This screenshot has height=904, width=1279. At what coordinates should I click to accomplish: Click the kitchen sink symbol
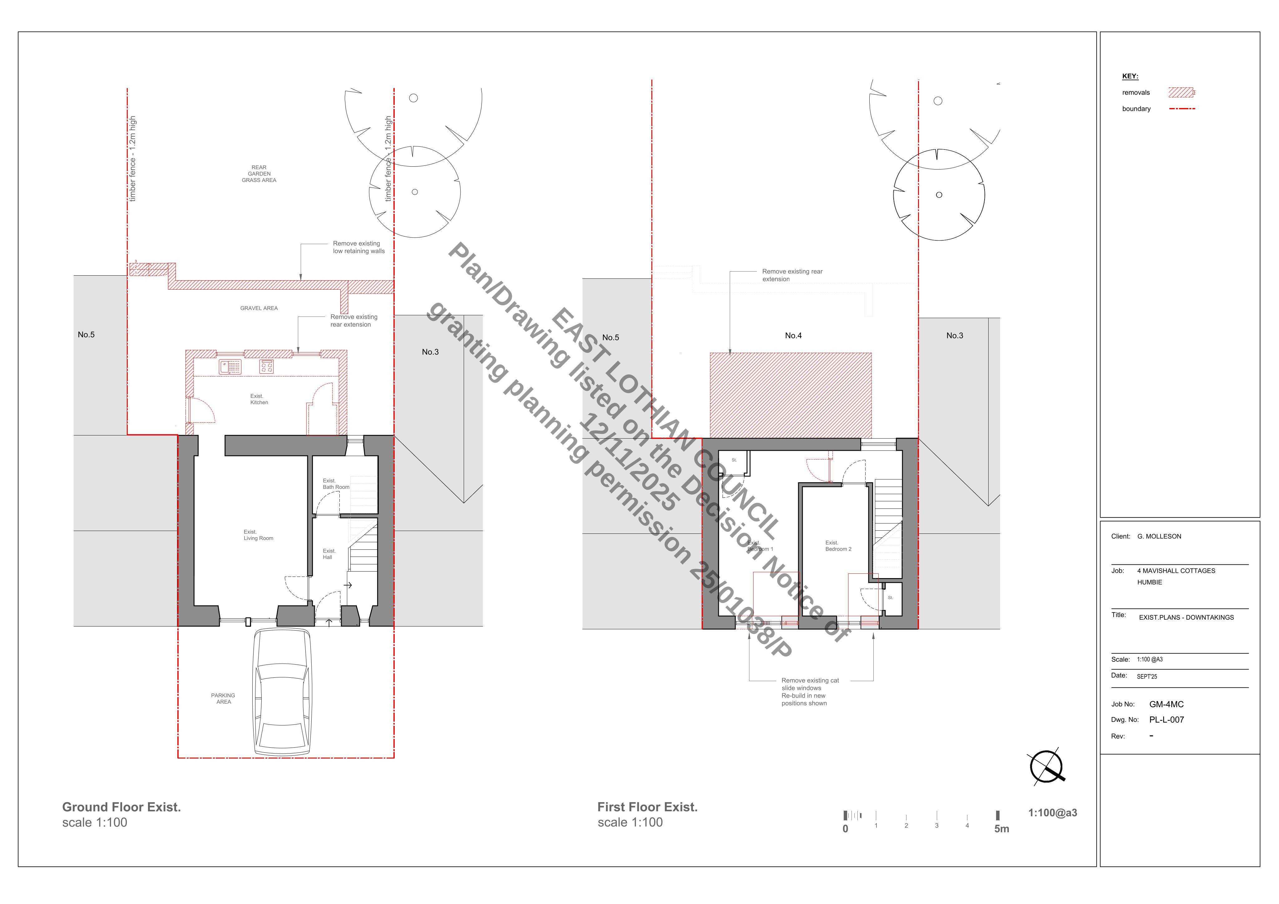click(x=230, y=366)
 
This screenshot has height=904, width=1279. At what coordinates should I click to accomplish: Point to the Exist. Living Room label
click(x=258, y=535)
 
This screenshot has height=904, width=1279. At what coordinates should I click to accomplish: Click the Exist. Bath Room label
click(x=336, y=484)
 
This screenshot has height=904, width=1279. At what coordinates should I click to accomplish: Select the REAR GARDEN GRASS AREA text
click(x=259, y=174)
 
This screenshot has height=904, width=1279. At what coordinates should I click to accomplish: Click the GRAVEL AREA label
click(x=259, y=308)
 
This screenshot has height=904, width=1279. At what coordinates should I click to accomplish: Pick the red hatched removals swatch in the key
click(x=1181, y=92)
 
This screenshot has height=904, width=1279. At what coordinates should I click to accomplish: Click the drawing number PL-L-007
click(x=1167, y=720)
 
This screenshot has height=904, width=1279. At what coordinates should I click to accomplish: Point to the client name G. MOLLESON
click(x=1159, y=536)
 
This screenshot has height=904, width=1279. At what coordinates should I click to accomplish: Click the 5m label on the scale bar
click(x=1002, y=829)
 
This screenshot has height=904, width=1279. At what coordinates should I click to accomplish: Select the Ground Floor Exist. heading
click(x=121, y=807)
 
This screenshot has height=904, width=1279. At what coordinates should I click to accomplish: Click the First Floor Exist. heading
click(x=647, y=807)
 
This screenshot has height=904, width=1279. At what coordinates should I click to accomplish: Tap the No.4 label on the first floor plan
click(x=793, y=335)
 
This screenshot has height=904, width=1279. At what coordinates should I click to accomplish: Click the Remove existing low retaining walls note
click(x=359, y=247)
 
